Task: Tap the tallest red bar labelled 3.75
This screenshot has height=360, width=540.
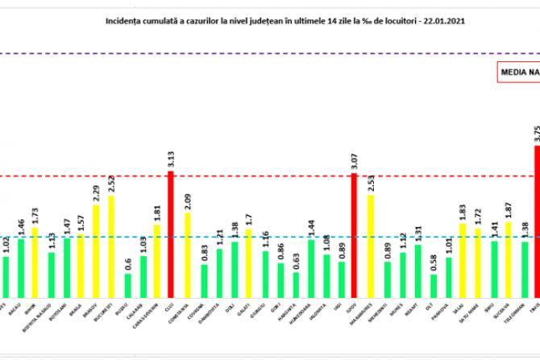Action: pyautogui.click(x=537, y=218)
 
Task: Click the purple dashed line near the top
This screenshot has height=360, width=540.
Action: pyautogui.click(x=242, y=53)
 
